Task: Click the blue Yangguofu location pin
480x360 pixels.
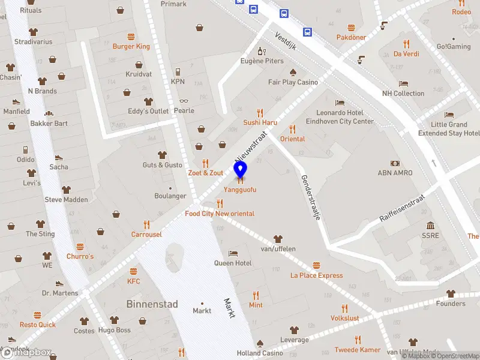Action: pos(241,170)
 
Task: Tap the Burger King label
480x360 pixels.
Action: pos(131,46)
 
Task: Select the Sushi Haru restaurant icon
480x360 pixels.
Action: pos(260,112)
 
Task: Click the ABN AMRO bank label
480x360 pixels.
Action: pos(395,173)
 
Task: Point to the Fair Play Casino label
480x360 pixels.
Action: pos(293,82)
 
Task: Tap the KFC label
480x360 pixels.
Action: pos(133,281)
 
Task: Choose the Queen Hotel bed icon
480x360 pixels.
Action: pos(233,253)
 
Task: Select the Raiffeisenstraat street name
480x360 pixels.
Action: pos(402,208)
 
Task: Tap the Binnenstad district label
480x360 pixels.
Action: pos(152,304)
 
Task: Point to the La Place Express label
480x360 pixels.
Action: pos(317,275)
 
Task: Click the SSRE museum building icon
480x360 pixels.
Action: pos(430,226)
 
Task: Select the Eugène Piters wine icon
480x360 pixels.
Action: pos(261,51)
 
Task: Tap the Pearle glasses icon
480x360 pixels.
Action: pos(184,100)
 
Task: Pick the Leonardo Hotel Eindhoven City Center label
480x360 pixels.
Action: pos(345,117)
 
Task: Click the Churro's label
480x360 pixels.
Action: pos(80,256)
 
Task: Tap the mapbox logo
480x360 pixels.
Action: pos(27,352)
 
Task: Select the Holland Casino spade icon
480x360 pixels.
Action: pos(260,343)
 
